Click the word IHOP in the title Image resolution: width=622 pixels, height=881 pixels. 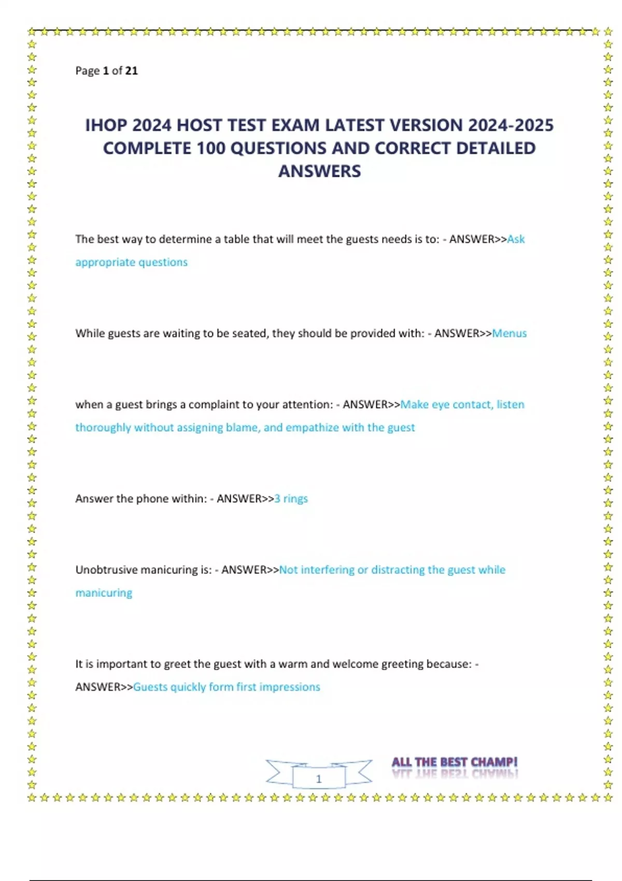(106, 125)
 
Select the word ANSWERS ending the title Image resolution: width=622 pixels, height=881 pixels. (319, 172)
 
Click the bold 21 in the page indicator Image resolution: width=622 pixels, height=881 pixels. (132, 70)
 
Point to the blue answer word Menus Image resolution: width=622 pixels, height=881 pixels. (509, 333)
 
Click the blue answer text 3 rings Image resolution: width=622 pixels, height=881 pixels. (291, 499)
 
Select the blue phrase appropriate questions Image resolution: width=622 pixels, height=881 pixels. (131, 262)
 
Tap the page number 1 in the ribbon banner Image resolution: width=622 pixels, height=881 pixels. (319, 778)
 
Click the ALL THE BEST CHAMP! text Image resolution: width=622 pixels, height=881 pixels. (454, 762)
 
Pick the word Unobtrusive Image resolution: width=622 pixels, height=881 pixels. (106, 570)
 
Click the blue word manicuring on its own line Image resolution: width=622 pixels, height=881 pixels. (104, 593)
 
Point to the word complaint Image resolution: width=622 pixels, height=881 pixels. (213, 404)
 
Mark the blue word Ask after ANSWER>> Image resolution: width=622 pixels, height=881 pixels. (516, 239)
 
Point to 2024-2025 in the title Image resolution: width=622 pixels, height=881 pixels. (511, 125)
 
